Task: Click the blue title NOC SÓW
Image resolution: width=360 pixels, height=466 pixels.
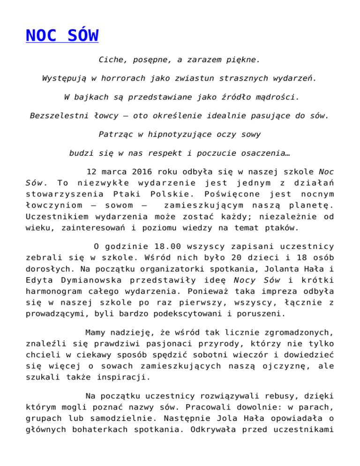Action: (62, 36)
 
